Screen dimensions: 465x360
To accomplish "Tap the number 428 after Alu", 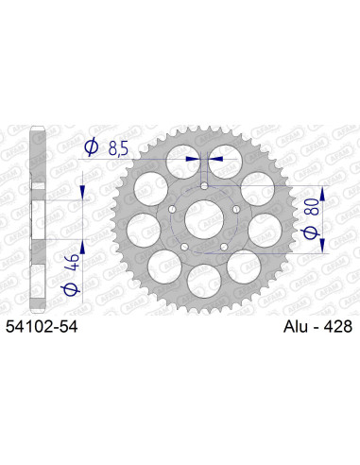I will click(x=335, y=327).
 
